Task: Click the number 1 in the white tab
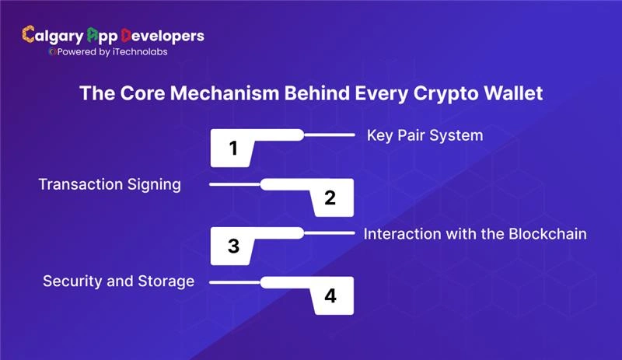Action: click(233, 149)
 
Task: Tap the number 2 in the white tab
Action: click(330, 197)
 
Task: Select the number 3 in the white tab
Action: click(233, 246)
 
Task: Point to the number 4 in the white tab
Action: click(330, 296)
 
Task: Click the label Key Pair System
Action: click(425, 135)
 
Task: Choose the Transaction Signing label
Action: click(110, 184)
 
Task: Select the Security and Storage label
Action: click(118, 281)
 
